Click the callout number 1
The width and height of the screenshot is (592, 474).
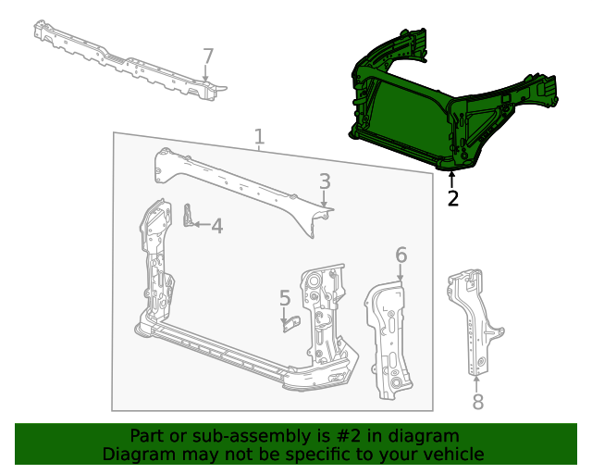click(259, 138)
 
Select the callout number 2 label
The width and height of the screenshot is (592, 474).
click(452, 198)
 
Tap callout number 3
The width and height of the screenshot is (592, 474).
click(325, 181)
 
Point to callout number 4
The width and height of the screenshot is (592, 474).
click(216, 225)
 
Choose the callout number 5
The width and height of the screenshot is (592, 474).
click(285, 297)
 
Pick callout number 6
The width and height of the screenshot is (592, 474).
click(401, 255)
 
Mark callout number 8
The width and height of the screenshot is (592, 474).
click(477, 401)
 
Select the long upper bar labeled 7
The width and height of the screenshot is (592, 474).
click(120, 60)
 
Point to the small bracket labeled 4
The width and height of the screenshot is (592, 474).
click(190, 217)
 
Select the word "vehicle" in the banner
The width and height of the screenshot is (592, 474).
click(453, 454)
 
